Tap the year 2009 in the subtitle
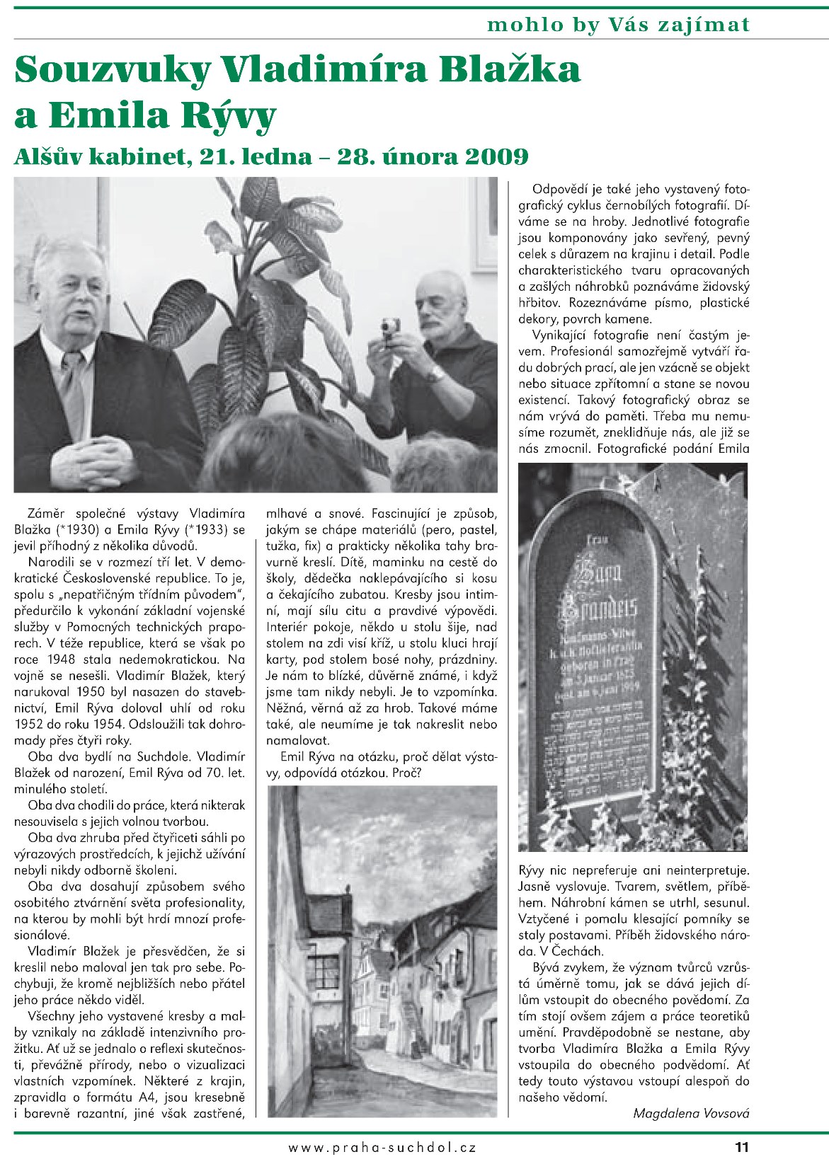point(496,156)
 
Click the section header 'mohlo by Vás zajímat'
point(617,25)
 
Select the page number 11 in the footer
point(741,1147)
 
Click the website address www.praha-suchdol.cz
point(382,1148)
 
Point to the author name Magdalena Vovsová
point(690,1113)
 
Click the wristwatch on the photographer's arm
point(435,374)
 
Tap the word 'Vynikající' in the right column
point(559,335)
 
